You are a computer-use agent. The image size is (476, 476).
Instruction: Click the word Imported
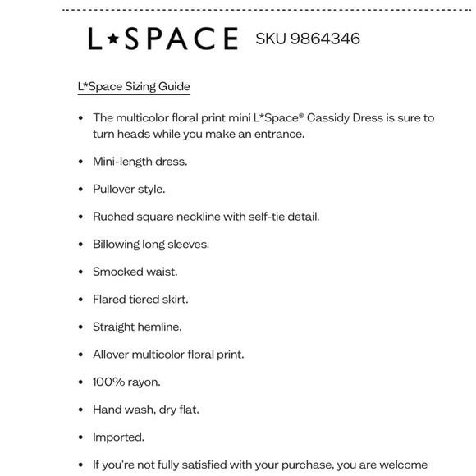pos(118,437)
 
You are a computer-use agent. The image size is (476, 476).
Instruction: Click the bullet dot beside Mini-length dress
pos(80,162)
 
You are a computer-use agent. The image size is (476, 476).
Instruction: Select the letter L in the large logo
pos(96,39)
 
